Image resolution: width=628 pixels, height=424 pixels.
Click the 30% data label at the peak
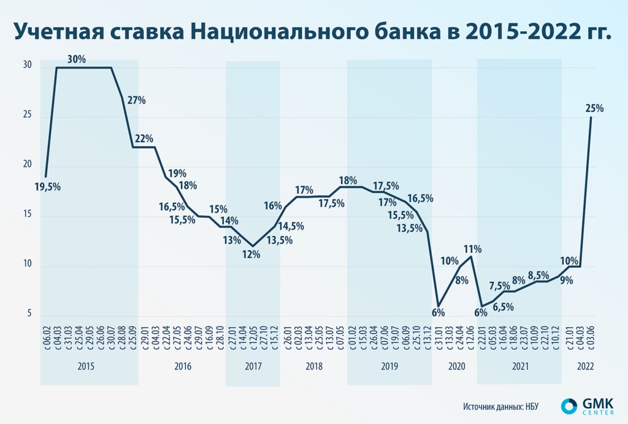[x=77, y=59]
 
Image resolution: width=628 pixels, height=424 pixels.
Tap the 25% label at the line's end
[x=594, y=108]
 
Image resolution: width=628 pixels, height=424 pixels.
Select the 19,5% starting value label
[x=48, y=187]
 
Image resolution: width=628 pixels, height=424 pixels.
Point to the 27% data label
[x=136, y=100]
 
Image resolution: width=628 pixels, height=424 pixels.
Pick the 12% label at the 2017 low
[x=251, y=254]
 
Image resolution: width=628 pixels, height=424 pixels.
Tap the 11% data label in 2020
[x=472, y=249]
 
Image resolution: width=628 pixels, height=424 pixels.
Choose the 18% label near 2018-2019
[x=348, y=180]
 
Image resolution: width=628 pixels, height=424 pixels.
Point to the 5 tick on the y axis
[x=28, y=314]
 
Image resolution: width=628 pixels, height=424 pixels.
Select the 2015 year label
[x=86, y=366]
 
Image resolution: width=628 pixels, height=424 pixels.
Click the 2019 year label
[x=389, y=366]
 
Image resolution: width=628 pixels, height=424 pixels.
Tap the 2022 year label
[x=585, y=366]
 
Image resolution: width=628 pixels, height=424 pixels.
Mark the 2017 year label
[x=253, y=366]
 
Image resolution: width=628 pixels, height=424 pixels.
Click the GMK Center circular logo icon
[x=569, y=407]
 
